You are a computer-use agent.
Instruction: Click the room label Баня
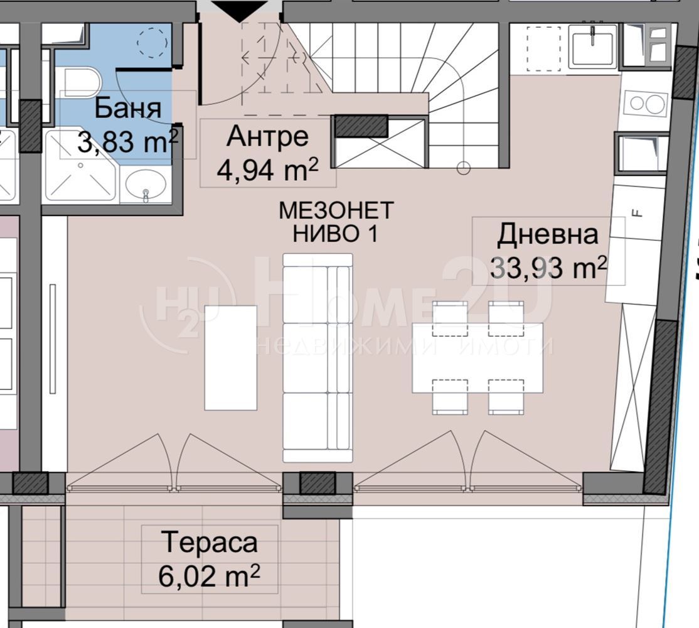pyautogui.click(x=127, y=109)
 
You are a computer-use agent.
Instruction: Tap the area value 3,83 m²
pyautogui.click(x=128, y=142)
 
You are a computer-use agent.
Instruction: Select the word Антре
pyautogui.click(x=267, y=136)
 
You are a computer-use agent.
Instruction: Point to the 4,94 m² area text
pyautogui.click(x=267, y=170)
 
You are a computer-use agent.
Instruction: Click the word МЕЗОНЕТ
pyautogui.click(x=336, y=210)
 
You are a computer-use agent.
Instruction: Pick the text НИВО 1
pyautogui.click(x=335, y=233)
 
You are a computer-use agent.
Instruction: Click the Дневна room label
pyautogui.click(x=547, y=235)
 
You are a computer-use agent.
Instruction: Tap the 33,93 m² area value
pyautogui.click(x=548, y=268)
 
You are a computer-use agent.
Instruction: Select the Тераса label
pyautogui.click(x=210, y=543)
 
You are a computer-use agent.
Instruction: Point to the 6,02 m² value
pyautogui.click(x=209, y=576)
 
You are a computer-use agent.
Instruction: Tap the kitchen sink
pyautogui.click(x=592, y=47)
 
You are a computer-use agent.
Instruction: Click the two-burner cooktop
pyautogui.click(x=645, y=104)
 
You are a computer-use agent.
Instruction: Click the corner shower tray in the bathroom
pyautogui.click(x=81, y=165)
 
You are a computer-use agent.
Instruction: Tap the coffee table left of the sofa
pyautogui.click(x=230, y=358)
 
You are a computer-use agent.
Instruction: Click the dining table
pyautogui.click(x=478, y=358)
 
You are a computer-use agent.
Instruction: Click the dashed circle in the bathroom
pyautogui.click(x=152, y=43)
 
